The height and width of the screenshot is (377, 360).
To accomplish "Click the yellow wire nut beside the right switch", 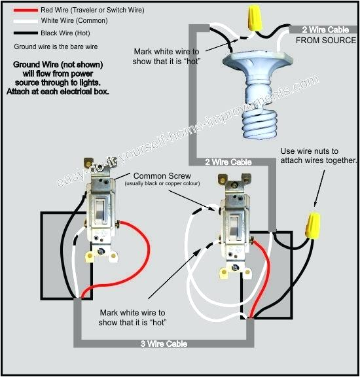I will [x=313, y=225].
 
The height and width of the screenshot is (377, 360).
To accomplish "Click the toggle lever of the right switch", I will [x=232, y=215].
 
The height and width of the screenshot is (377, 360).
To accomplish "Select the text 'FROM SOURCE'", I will [x=326, y=41].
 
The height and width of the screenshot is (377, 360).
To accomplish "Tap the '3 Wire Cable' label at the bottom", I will [x=163, y=344].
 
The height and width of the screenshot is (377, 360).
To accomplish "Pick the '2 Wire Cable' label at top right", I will [x=329, y=30].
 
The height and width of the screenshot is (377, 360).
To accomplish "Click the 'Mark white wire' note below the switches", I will [x=134, y=318].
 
